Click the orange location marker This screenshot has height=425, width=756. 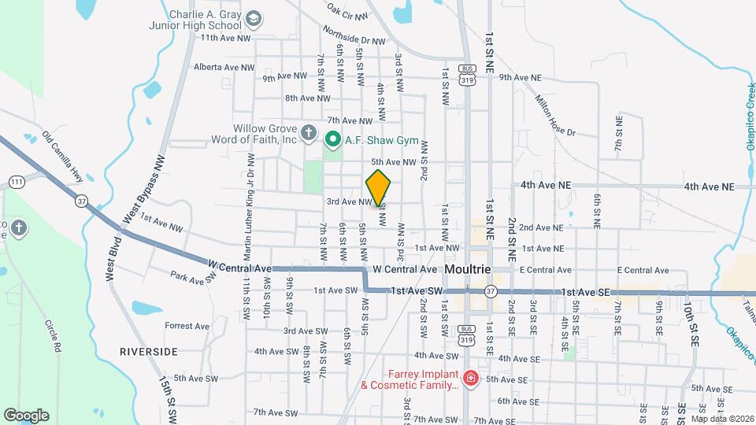click(379, 187)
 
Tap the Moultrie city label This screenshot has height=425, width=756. click(468, 269)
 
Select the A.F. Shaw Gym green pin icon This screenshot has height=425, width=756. click(332, 140)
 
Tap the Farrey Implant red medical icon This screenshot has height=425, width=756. click(470, 379)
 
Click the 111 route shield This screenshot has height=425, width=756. click(17, 183)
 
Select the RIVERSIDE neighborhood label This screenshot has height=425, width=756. click(149, 352)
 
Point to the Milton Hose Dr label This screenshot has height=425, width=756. click(556, 116)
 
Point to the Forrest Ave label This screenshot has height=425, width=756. click(187, 326)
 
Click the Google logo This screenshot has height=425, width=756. click(26, 415)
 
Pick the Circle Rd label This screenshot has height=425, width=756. click(53, 335)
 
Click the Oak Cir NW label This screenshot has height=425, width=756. click(347, 11)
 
